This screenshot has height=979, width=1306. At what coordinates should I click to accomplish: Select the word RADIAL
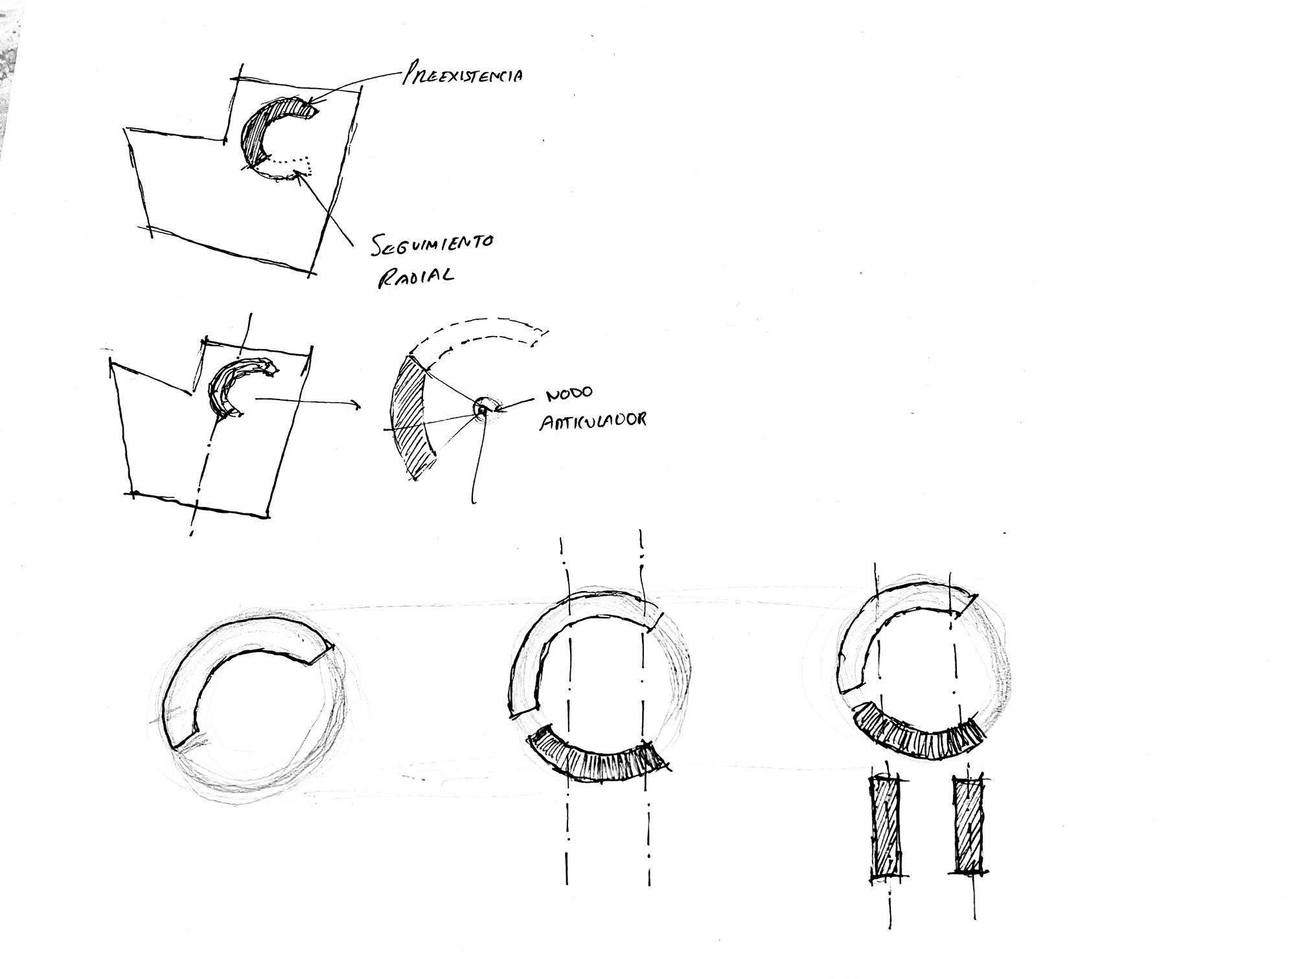416,277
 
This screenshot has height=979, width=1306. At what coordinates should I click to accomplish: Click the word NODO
569,394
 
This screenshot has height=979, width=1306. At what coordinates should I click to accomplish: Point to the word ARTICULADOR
593,420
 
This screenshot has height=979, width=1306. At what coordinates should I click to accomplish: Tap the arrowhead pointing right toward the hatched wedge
356,405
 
